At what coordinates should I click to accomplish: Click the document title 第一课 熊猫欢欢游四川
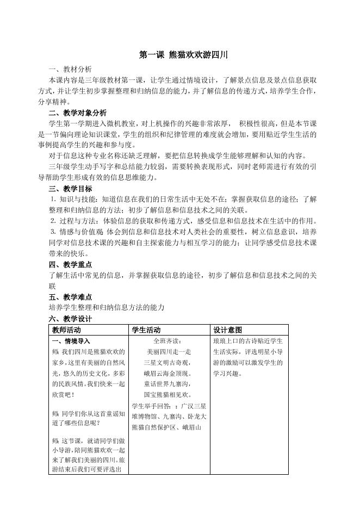179,55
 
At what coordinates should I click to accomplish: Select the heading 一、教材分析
70,69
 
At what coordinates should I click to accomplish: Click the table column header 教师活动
66,330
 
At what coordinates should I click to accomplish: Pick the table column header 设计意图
228,330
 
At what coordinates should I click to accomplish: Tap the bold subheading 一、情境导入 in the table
70,341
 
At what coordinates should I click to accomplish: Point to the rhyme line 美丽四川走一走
170,352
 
